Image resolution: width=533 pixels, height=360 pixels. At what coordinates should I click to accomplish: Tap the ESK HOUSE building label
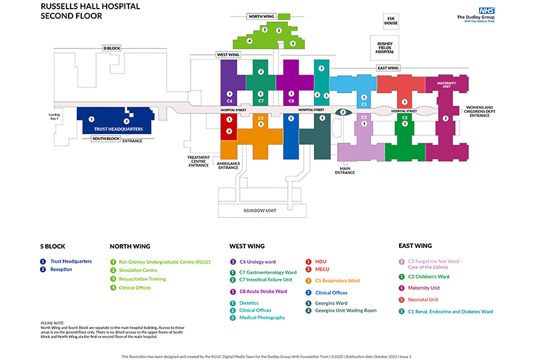click(390, 21)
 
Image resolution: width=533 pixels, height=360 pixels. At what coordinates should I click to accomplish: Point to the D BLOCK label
click(111, 48)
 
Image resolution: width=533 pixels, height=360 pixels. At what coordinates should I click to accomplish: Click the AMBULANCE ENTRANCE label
click(228, 165)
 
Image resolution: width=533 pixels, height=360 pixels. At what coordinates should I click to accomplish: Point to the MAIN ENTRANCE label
click(345, 171)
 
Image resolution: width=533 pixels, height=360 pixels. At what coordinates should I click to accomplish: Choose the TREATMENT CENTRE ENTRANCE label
click(199, 161)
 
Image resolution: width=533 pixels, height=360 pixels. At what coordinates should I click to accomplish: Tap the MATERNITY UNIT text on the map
click(446, 85)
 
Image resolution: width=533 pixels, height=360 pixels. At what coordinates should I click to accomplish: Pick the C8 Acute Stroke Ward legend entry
click(263, 291)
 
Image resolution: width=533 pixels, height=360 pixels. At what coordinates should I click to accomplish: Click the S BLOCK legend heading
click(53, 246)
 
